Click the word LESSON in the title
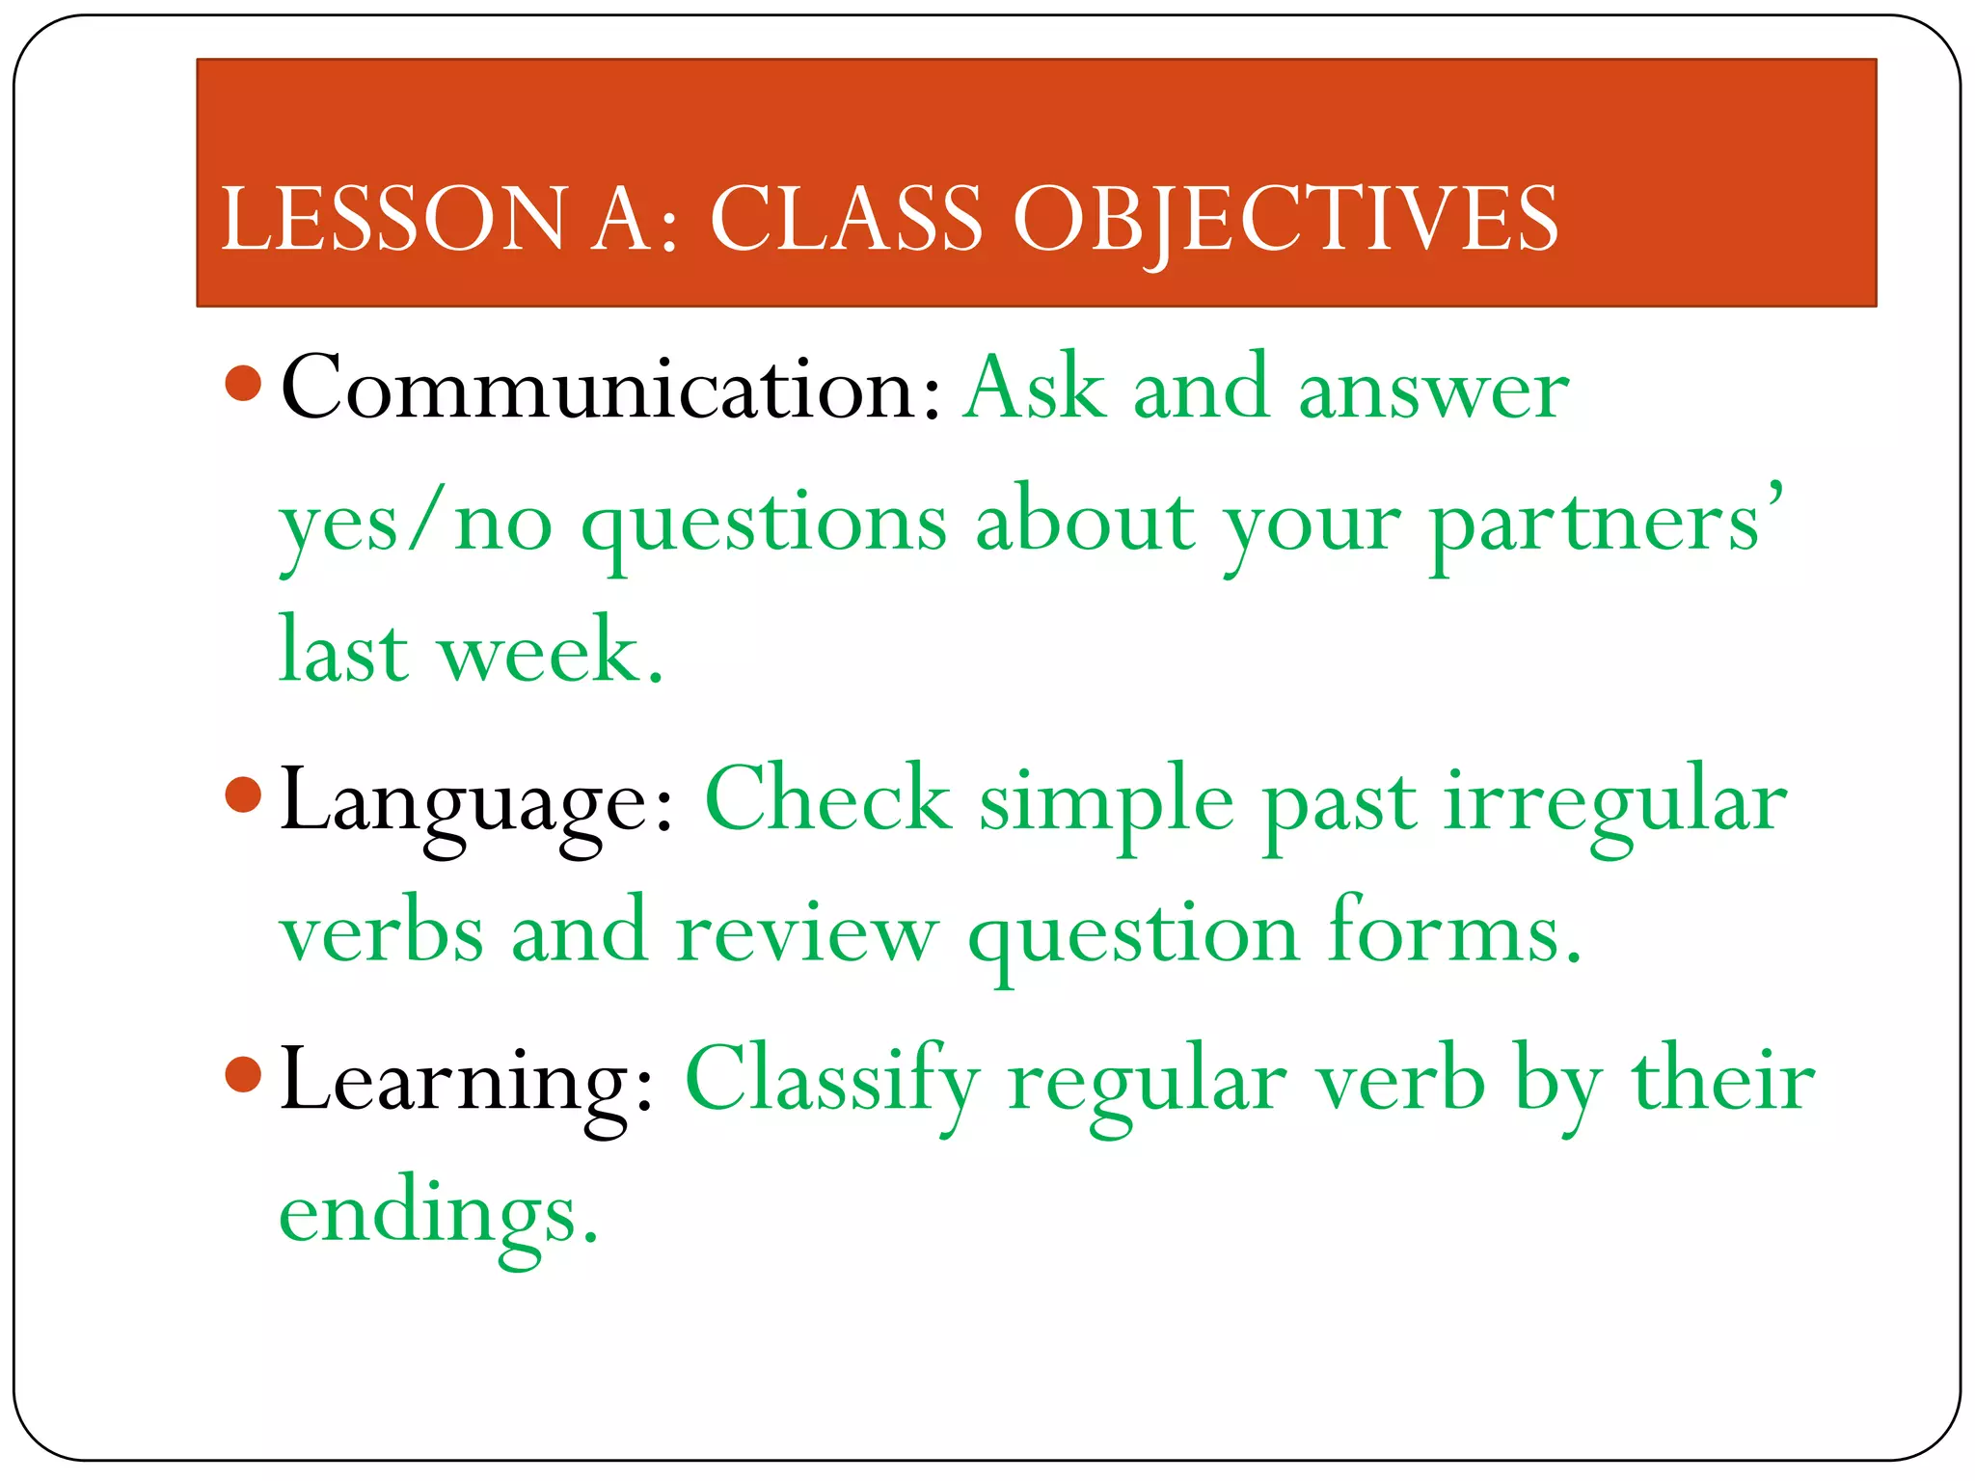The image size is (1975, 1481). click(x=393, y=220)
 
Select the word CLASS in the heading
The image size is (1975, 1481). click(x=846, y=220)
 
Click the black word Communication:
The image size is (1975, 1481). click(x=610, y=389)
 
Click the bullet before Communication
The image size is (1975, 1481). click(x=243, y=383)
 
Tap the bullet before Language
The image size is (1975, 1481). click(x=243, y=795)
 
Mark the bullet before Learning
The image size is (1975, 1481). click(x=243, y=1074)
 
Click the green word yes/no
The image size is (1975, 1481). click(x=416, y=525)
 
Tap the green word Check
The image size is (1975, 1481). click(x=827, y=800)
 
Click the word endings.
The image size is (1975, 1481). click(x=439, y=1215)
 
